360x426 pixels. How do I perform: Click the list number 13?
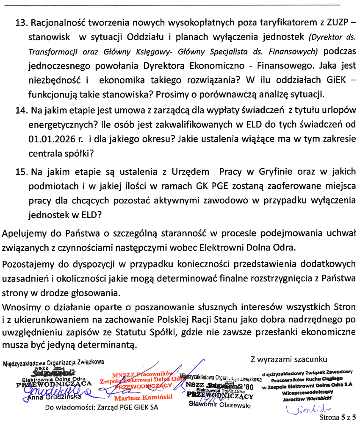tap(21, 22)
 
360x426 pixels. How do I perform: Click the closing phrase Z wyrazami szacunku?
tap(288, 359)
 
